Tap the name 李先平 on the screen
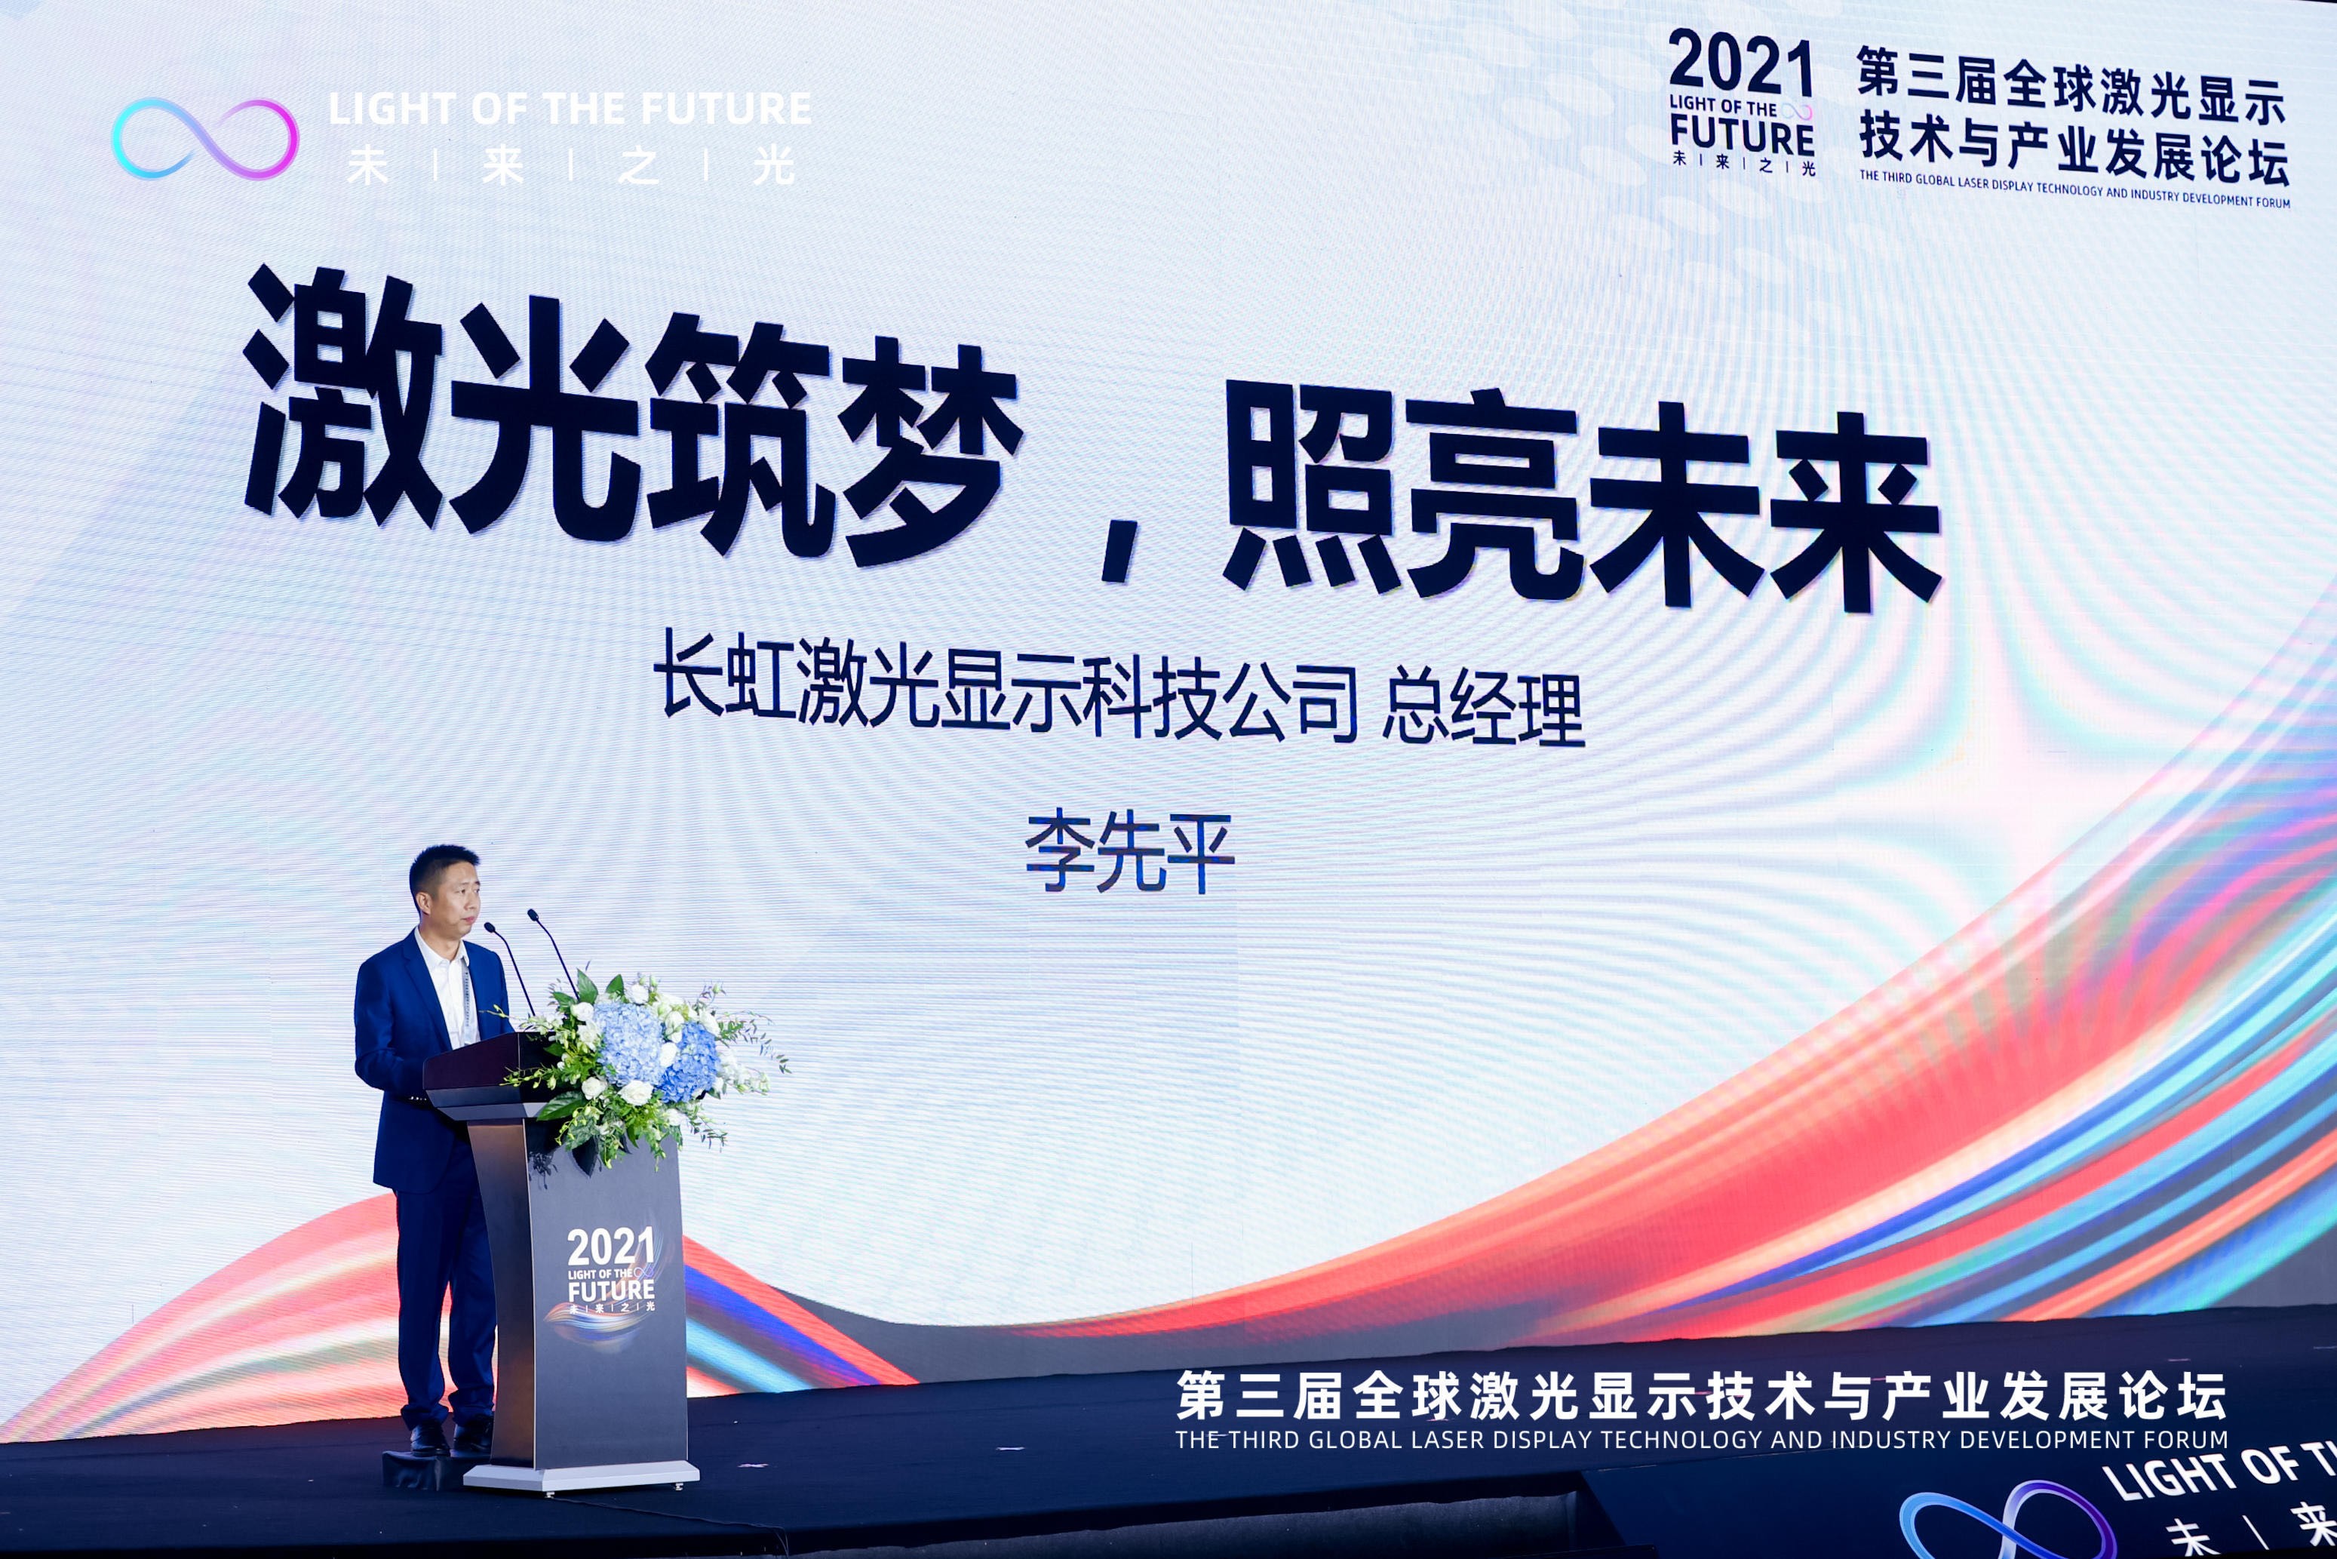coord(1129,852)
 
